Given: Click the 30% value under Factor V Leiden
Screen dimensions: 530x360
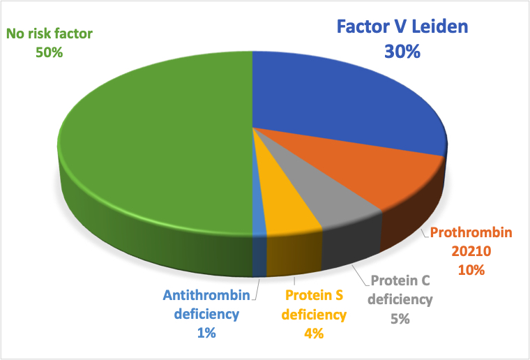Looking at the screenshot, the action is (x=402, y=52).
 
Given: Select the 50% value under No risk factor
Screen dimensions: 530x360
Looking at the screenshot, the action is (x=50, y=52).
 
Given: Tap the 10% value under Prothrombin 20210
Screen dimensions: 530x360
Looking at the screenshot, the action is (x=471, y=270).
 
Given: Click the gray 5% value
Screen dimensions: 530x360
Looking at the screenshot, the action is (x=400, y=319).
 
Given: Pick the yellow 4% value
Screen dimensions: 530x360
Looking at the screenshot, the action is (x=314, y=333).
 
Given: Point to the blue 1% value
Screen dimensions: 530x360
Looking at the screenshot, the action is (x=206, y=333).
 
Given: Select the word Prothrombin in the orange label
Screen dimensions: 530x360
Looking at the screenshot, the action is (x=471, y=232).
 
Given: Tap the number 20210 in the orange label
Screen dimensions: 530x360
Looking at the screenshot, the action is (x=471, y=251).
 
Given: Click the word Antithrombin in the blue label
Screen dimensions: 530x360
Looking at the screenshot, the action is (x=206, y=295).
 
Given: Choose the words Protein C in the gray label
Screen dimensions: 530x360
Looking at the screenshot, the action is (x=400, y=280).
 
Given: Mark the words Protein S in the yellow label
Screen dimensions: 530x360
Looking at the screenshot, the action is (x=314, y=295).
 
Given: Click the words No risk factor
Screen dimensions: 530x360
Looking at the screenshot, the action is (x=50, y=33).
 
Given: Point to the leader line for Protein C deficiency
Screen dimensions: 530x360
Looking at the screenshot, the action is (x=361, y=276).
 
